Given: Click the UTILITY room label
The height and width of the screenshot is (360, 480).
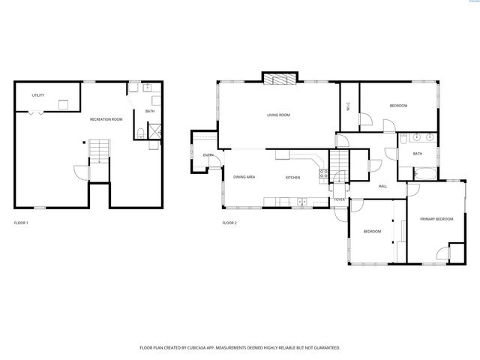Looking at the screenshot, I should point(37,95).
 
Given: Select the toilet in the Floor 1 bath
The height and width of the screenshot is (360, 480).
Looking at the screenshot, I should point(142,134).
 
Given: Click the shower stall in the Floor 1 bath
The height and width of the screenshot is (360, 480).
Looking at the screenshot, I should point(154,133).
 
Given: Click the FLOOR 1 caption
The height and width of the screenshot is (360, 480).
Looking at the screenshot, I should point(21,223).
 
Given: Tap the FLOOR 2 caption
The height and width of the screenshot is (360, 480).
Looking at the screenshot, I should point(229,223).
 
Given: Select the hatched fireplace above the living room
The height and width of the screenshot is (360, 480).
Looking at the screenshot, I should point(279,79).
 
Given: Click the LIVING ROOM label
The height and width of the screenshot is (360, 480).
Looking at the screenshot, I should point(278,115).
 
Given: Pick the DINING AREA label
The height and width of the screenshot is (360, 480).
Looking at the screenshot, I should point(244,177).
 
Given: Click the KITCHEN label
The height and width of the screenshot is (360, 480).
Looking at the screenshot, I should point(292,177).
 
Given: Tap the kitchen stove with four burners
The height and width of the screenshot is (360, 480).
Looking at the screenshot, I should point(323,174).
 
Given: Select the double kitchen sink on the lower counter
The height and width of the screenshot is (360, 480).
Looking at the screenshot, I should point(301,201).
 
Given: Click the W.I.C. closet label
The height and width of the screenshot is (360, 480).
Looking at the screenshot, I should point(348,107).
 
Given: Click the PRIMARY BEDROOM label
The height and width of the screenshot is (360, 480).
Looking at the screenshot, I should point(436,218).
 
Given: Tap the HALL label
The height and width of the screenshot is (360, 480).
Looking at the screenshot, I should point(382,186).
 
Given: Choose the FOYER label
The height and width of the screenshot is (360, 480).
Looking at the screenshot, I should point(340,199).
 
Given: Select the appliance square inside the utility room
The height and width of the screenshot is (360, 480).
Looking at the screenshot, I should point(64,104).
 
